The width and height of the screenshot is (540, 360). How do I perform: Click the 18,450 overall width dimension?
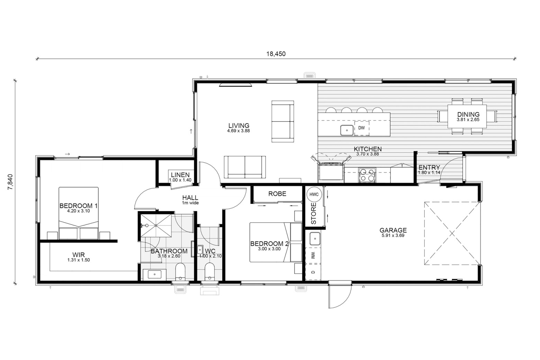point(276,54)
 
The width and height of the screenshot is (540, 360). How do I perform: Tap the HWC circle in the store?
point(314,194)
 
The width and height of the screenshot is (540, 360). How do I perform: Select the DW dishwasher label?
point(361,128)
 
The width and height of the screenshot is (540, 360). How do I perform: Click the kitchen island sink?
point(347,130)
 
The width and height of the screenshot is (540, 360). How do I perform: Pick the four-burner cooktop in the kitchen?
point(367,175)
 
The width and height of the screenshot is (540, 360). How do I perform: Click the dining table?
point(467,116)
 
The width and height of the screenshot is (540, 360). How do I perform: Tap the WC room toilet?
point(209,271)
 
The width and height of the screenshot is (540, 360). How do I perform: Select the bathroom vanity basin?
point(154,274)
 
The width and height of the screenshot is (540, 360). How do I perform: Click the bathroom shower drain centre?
point(156,225)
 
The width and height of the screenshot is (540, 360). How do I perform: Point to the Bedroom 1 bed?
point(79,213)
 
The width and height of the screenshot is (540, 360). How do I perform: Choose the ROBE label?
point(277,193)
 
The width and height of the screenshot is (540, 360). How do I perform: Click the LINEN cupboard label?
point(180,175)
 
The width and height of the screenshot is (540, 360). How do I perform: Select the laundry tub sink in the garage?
point(315,239)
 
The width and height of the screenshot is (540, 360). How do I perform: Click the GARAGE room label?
point(393,230)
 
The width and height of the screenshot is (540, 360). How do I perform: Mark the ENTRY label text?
point(429,167)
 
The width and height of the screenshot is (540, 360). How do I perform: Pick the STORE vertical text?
point(314,213)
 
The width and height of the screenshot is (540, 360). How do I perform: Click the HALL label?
point(190,198)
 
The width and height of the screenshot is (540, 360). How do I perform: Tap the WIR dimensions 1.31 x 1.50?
point(79,260)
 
